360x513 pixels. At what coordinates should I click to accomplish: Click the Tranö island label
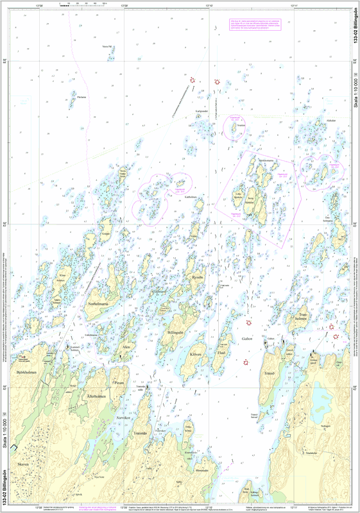pos(269,372)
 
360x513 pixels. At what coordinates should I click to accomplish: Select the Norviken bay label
pos(122,417)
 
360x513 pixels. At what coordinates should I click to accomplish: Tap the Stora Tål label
pos(107,47)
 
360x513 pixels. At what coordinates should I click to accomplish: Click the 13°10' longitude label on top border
pos(209,5)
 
